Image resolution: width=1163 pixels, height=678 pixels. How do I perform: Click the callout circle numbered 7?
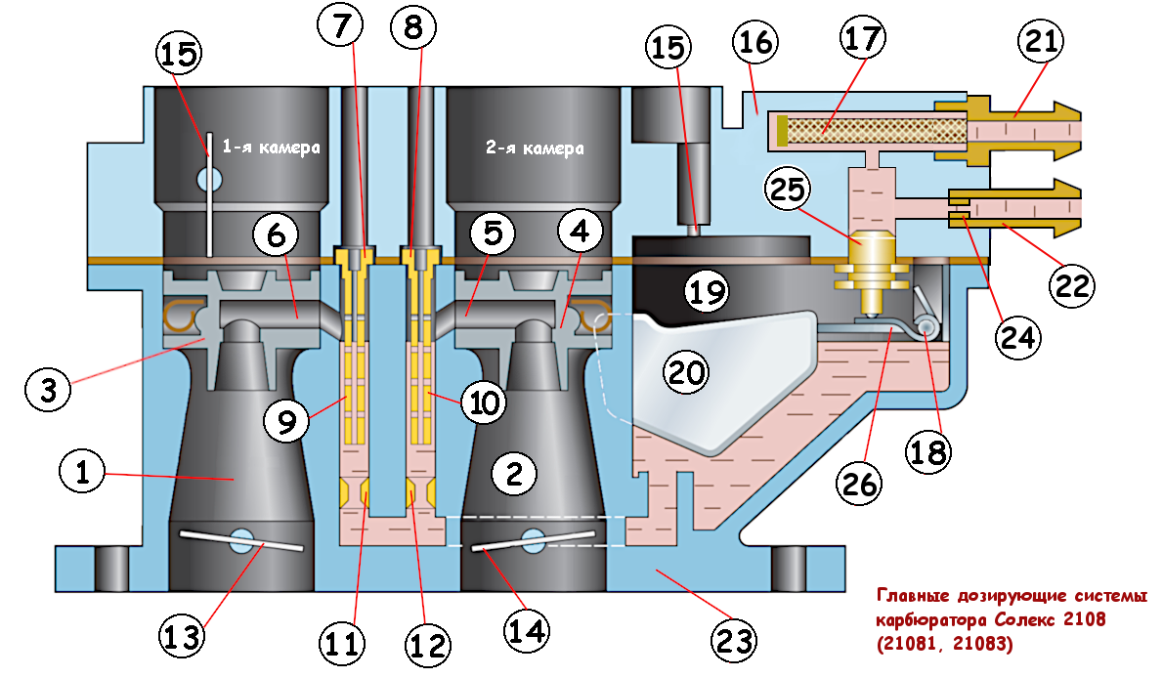tap(341, 28)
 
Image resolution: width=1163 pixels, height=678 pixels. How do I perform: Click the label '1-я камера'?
tap(271, 148)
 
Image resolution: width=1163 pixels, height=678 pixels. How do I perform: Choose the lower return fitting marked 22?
tap(1016, 209)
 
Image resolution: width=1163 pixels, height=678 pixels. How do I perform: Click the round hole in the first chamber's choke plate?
tap(207, 178)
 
